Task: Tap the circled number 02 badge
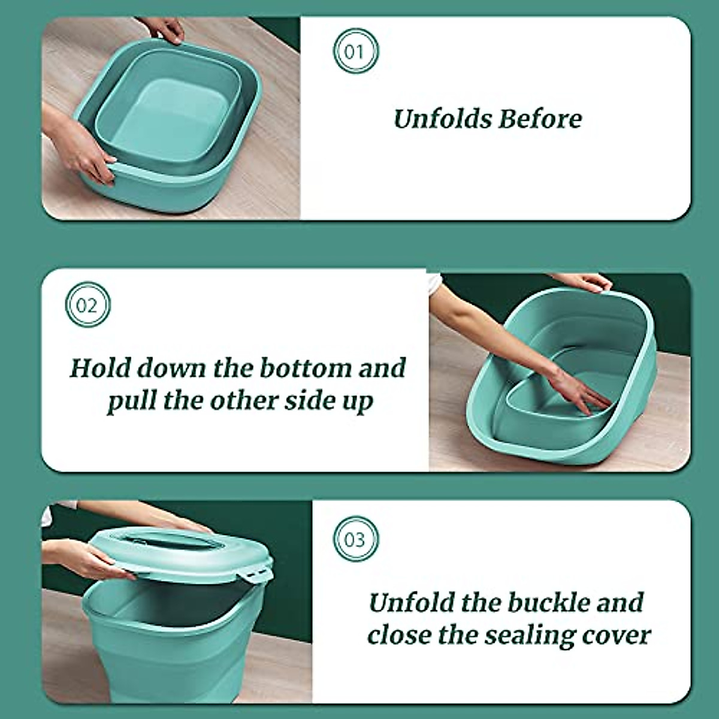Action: [x=87, y=305]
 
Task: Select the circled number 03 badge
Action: [x=355, y=539]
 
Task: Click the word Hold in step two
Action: [x=97, y=367]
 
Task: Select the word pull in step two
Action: [x=131, y=400]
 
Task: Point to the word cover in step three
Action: [x=620, y=635]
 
